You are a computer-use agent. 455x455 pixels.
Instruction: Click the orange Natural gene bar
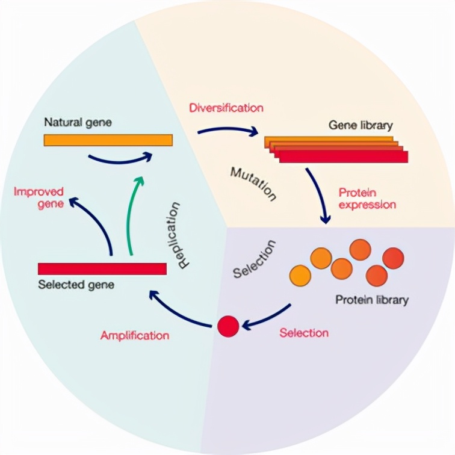pos(108,140)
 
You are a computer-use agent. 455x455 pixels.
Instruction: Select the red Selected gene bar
pos(102,268)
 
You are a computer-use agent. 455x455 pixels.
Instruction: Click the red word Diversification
pos(226,108)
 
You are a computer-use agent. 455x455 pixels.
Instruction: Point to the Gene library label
pos(360,126)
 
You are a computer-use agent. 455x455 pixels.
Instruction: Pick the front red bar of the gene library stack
pos(344,156)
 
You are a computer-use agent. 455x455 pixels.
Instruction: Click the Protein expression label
pos(367,199)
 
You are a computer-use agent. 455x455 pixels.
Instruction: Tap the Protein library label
pos(371,299)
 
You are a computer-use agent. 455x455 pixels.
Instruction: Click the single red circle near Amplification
pos(228,326)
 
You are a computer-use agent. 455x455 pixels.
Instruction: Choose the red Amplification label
pos(135,335)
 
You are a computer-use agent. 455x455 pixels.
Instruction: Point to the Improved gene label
pos(39,197)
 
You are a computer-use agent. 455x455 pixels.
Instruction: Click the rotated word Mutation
pos(253,184)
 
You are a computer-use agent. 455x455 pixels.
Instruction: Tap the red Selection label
pos(304,333)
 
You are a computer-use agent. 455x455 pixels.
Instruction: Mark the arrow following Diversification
pos(226,129)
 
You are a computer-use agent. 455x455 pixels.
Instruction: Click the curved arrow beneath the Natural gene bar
pos(119,159)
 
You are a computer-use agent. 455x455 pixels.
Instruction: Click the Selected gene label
pos(75,284)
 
